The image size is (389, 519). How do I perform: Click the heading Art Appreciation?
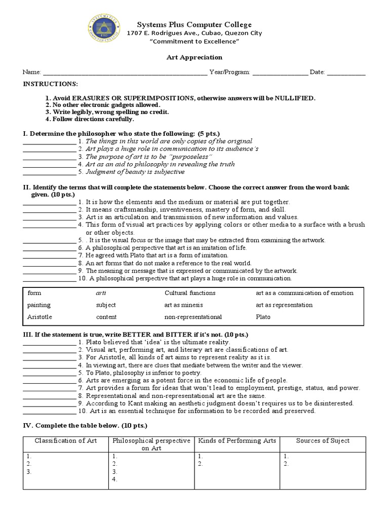pyautogui.click(x=194, y=57)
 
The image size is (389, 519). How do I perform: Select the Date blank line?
pyautogui.click(x=346, y=73)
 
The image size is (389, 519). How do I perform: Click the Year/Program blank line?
pyautogui.click(x=280, y=73)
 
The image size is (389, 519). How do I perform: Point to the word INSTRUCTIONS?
pyautogui.click(x=51, y=84)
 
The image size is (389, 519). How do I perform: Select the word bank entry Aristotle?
pyautogui.click(x=40, y=317)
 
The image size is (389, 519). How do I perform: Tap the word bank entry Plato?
pyautogui.click(x=263, y=317)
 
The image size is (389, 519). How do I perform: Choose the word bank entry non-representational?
pyautogui.click(x=193, y=317)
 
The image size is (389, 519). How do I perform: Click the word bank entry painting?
pyautogui.click(x=38, y=305)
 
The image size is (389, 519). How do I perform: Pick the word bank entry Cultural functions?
pyautogui.click(x=190, y=293)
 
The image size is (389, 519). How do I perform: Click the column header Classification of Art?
pyautogui.click(x=66, y=441)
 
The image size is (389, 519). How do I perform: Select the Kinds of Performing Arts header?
pyautogui.click(x=237, y=441)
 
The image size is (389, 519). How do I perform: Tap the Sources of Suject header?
pyautogui.click(x=323, y=441)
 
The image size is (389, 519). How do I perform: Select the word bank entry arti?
pyautogui.click(x=101, y=293)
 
